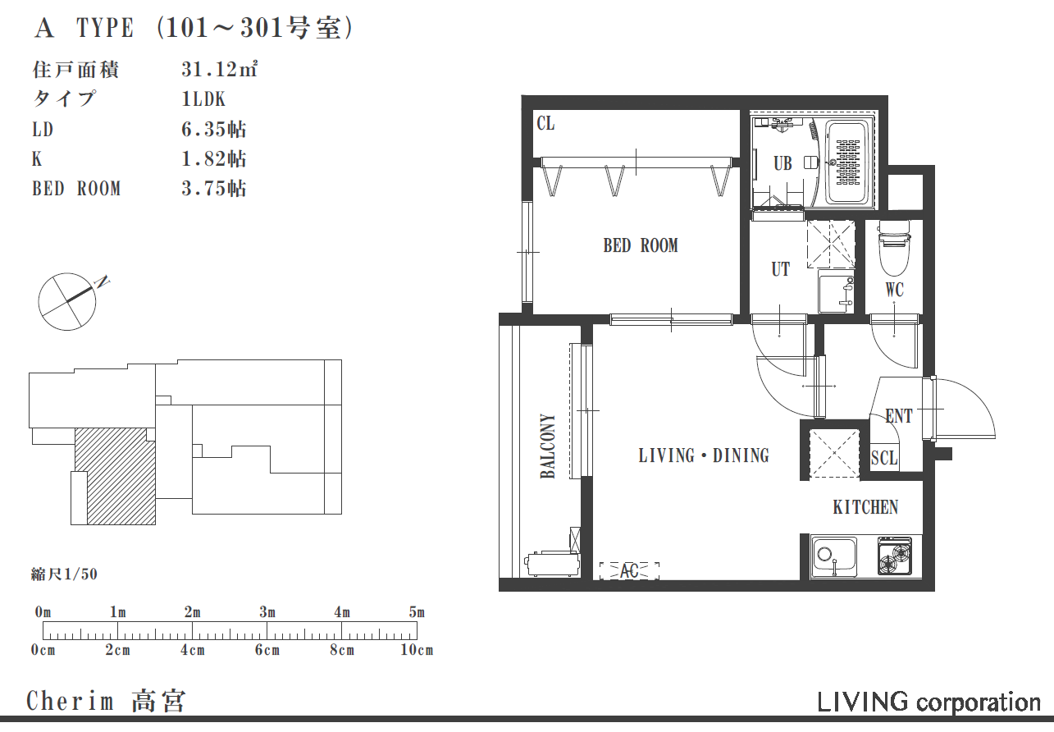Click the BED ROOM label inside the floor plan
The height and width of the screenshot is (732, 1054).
pos(641,245)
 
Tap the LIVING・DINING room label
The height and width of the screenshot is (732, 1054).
pos(704,455)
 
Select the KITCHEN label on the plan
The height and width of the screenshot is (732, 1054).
pos(865,507)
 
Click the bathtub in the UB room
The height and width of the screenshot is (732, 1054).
pos(847,162)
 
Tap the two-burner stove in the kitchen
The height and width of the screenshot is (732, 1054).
pos(895,556)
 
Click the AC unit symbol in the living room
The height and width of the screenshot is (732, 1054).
pos(629,570)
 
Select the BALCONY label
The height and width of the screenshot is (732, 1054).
pos(547,446)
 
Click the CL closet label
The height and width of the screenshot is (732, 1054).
pos(545,123)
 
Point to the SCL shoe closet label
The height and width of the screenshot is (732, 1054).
pos(884,458)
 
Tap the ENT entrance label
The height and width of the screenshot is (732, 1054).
pos(899,416)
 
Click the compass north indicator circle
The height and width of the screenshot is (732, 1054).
pos(66,302)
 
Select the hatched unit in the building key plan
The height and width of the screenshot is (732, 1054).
pos(116,475)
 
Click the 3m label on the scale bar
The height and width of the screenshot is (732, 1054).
pos(267,612)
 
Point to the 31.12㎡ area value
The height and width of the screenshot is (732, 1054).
pos(219,69)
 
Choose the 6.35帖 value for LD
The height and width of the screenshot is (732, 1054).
pos(213,129)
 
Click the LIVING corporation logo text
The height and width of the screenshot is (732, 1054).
pos(929,702)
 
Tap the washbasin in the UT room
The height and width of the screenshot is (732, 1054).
pos(836,291)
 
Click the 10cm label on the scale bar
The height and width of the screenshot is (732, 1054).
pos(417,650)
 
